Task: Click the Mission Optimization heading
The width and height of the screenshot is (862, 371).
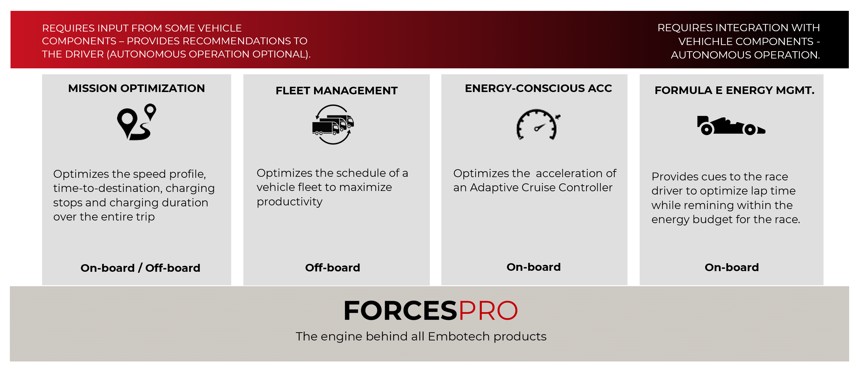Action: click(136, 88)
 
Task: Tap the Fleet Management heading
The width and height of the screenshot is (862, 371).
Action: click(336, 91)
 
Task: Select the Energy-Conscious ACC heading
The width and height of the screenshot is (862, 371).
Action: click(538, 88)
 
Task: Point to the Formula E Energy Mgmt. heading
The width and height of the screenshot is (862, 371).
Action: click(734, 90)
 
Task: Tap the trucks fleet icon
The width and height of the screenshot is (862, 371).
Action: click(333, 125)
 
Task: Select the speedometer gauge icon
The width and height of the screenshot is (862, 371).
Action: click(538, 124)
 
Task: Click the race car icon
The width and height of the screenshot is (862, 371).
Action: click(731, 126)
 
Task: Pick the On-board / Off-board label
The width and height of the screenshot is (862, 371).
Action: click(140, 268)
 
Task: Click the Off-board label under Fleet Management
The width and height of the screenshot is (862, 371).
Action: click(332, 268)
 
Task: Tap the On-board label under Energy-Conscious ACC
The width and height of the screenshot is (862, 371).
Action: click(533, 267)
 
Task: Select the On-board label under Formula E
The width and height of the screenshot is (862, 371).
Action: click(731, 267)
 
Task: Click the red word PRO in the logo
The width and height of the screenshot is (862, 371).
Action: click(488, 311)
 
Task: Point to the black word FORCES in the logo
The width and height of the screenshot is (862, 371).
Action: click(400, 311)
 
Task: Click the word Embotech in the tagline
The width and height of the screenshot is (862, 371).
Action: click(459, 336)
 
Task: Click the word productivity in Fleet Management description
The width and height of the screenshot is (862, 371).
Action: click(289, 201)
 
